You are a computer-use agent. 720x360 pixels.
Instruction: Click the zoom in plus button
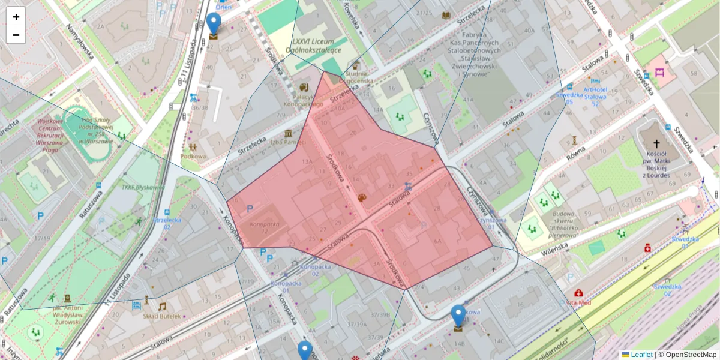16,17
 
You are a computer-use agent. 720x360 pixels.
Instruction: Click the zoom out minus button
16,35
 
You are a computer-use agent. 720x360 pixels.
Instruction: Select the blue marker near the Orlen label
214,24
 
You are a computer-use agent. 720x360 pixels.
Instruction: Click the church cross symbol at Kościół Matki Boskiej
656,144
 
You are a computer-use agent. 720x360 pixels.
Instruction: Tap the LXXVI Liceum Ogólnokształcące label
316,46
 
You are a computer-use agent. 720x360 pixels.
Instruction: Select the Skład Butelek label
161,316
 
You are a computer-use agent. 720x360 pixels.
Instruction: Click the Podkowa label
193,157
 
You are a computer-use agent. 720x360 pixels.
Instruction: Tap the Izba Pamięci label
289,142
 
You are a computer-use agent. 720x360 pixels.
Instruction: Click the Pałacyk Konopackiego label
303,100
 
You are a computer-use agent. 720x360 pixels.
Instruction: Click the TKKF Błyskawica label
143,187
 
